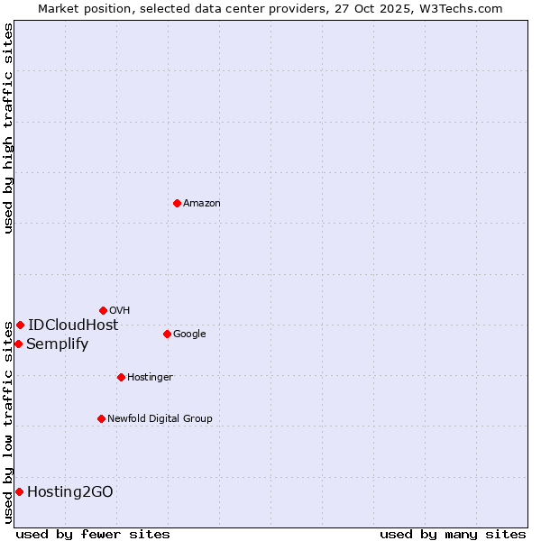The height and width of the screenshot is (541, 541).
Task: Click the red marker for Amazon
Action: [x=177, y=203]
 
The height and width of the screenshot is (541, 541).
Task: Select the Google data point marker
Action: [x=167, y=334]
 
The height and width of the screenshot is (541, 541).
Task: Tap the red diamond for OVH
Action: [x=103, y=310]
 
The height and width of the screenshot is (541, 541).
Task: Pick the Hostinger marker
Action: [x=121, y=377]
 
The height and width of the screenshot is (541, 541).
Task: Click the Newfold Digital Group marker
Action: [x=101, y=418]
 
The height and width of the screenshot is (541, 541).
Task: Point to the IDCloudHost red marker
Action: [x=20, y=325]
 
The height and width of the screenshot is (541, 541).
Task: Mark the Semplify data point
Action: [x=18, y=344]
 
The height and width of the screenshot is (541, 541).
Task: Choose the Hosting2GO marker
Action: [x=19, y=491]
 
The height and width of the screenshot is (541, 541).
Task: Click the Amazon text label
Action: [x=202, y=204]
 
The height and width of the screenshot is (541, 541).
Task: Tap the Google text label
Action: [x=189, y=335]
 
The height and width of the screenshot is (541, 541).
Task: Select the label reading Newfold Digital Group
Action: [x=160, y=419]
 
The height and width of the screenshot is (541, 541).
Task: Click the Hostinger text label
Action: [x=150, y=378]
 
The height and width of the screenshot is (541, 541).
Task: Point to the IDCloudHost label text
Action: [x=73, y=326]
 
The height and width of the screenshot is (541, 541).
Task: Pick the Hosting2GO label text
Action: [x=70, y=492]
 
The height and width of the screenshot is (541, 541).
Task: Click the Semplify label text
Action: [x=58, y=344]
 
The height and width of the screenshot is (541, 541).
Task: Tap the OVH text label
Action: [x=120, y=311]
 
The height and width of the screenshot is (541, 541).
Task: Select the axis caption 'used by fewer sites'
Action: [x=93, y=534]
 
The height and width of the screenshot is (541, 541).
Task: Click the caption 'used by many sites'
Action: [x=453, y=534]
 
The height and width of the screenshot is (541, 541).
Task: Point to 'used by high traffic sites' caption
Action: [x=8, y=128]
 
